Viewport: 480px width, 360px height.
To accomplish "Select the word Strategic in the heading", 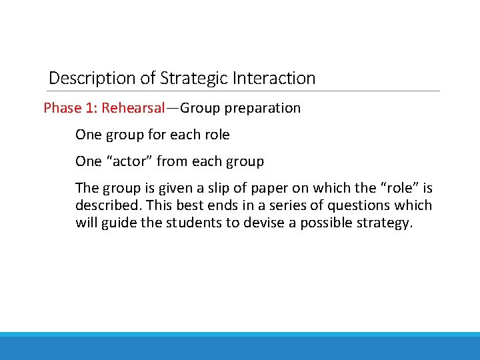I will click(x=194, y=78).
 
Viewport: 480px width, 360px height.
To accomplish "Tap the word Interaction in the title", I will click(x=274, y=78).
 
